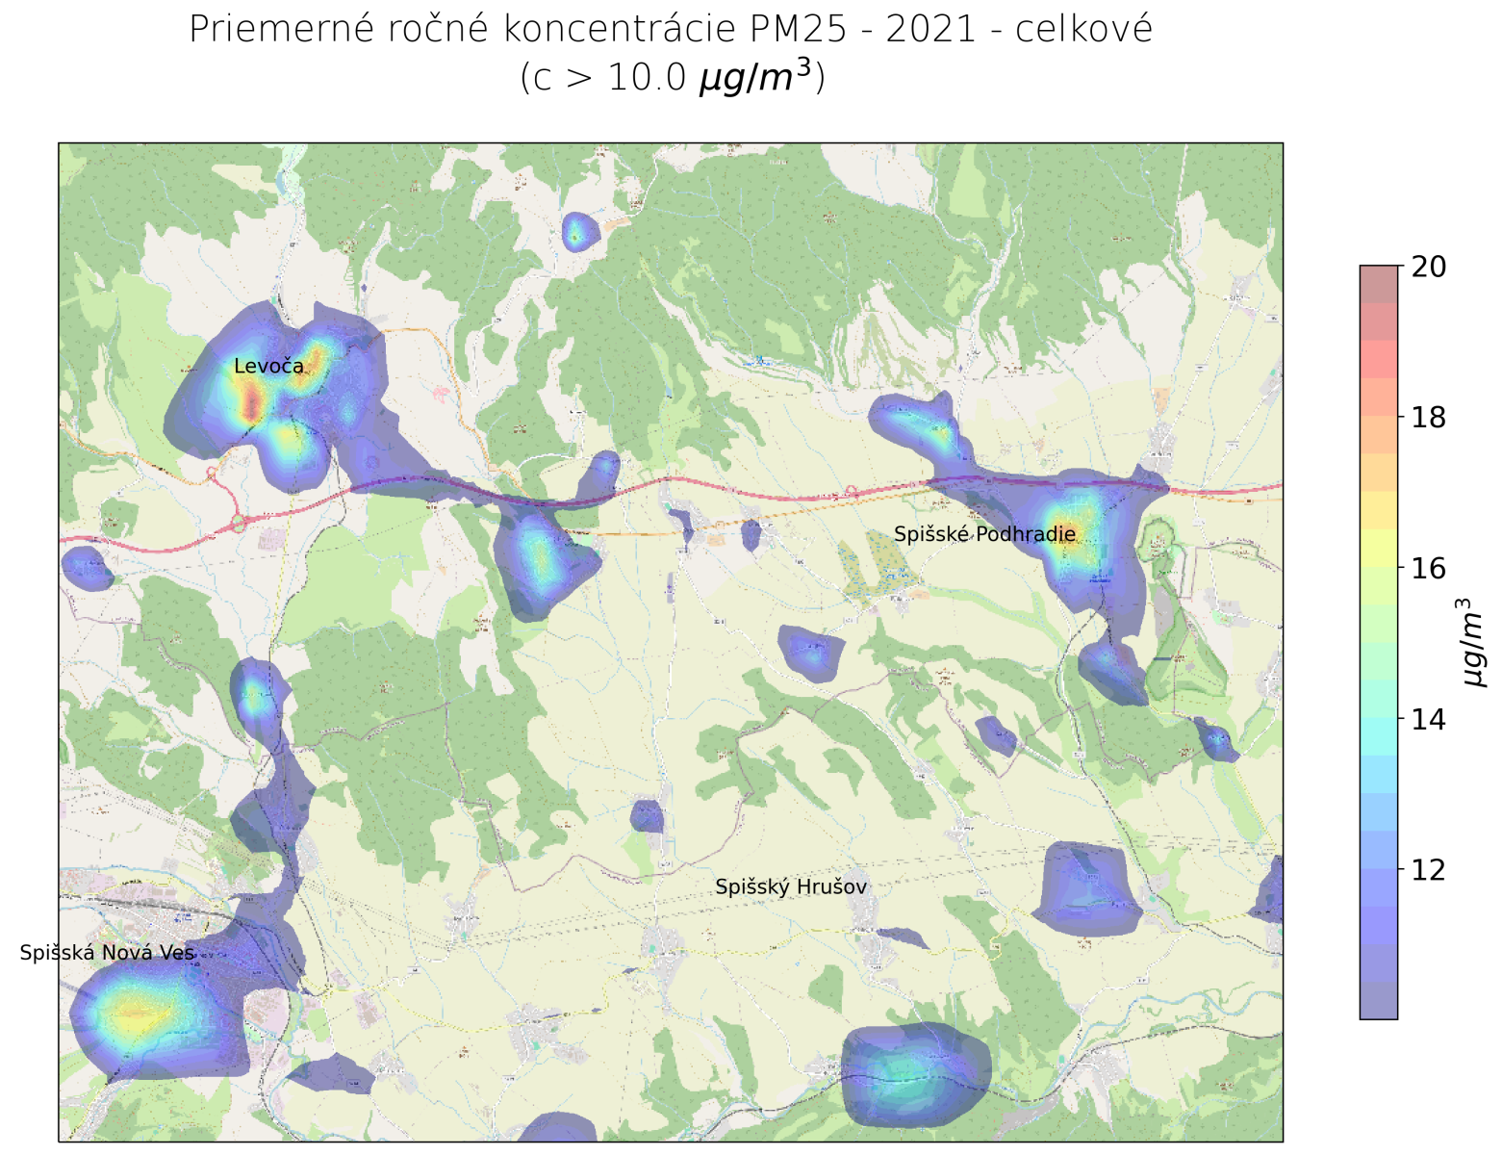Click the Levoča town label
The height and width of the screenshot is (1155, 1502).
(x=268, y=367)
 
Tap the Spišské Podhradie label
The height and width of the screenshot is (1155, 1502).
(x=984, y=534)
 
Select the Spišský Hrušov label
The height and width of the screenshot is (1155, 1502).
(x=791, y=887)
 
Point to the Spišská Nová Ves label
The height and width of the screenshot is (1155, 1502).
(x=107, y=953)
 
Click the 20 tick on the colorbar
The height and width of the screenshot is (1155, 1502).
(x=1428, y=267)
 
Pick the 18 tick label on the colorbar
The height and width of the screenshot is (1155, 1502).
(x=1428, y=418)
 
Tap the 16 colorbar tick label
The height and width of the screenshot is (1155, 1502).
(x=1428, y=569)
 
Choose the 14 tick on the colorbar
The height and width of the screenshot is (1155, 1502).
(x=1428, y=719)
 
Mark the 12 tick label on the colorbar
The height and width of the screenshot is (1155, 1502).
(x=1428, y=870)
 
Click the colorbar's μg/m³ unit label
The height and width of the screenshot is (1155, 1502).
(x=1473, y=642)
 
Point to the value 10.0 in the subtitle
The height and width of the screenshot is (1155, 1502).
(x=648, y=78)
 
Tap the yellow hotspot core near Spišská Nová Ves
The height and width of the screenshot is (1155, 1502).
(x=135, y=1014)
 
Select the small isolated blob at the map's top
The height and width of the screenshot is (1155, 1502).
(x=577, y=232)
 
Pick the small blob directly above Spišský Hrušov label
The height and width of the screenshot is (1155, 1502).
(x=647, y=816)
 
